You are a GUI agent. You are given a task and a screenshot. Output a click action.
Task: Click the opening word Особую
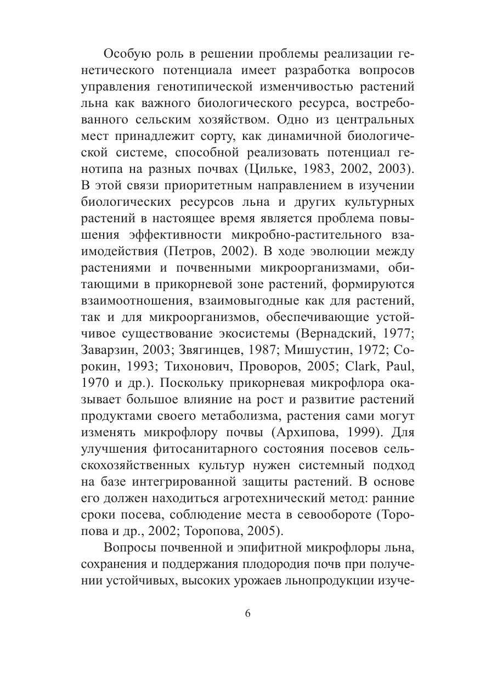tap(126, 54)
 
